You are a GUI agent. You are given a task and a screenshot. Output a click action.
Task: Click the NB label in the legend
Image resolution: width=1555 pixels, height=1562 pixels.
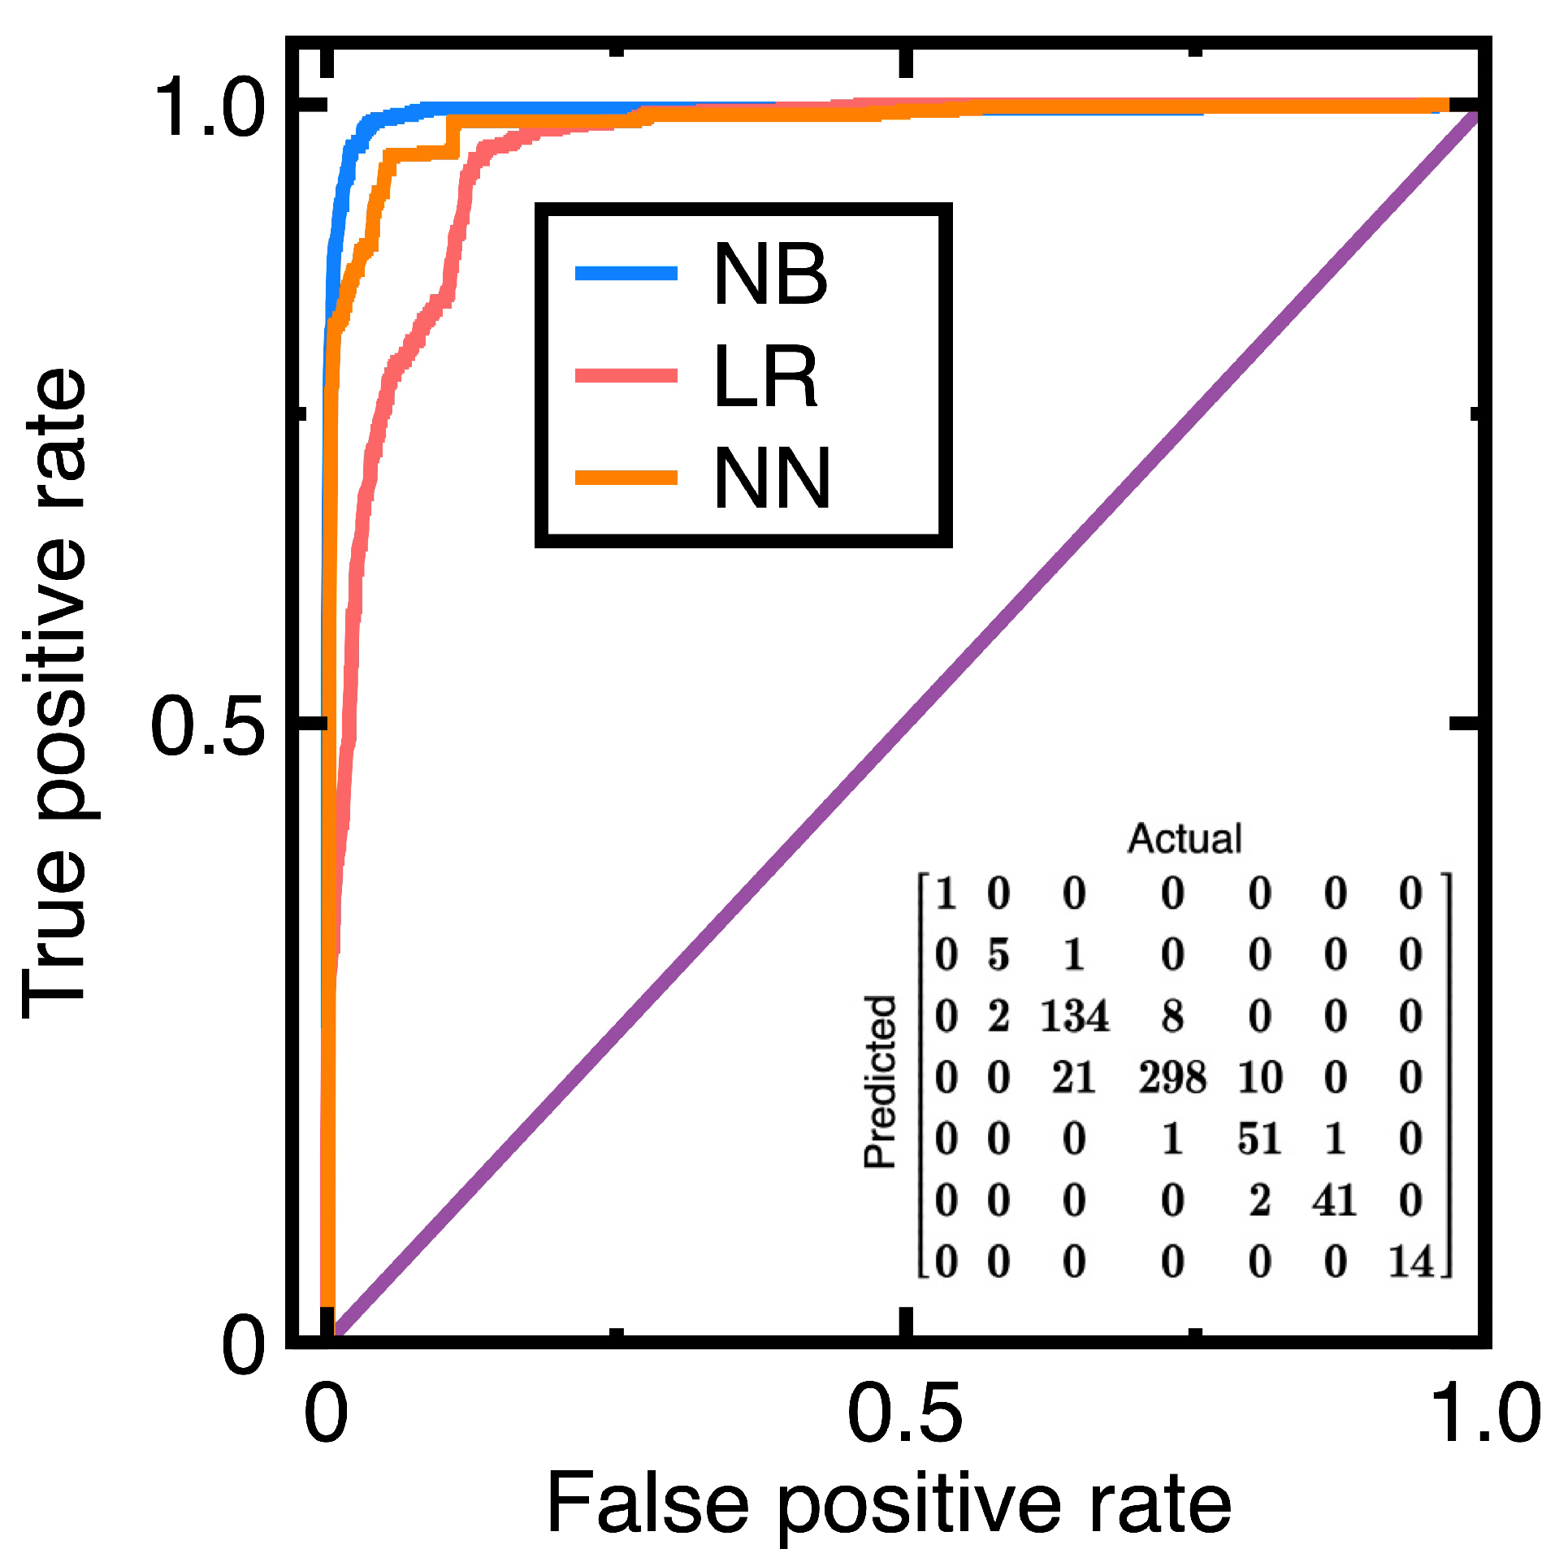click(769, 275)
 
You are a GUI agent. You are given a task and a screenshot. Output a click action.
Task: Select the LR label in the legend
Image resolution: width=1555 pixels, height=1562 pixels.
click(765, 376)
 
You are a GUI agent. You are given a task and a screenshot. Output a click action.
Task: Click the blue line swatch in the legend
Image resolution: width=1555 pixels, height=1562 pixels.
click(626, 273)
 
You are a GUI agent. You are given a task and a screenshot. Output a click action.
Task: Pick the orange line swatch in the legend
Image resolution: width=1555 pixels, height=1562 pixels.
click(626, 477)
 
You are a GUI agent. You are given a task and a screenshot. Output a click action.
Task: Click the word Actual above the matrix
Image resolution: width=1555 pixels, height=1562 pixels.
click(1185, 839)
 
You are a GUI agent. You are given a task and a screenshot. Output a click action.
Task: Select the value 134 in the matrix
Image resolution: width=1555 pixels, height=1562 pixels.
click(1074, 1017)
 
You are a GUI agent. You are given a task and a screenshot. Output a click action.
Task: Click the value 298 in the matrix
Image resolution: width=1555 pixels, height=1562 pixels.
click(1172, 1078)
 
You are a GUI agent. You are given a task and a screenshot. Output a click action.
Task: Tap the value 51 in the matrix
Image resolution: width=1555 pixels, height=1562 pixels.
click(1259, 1139)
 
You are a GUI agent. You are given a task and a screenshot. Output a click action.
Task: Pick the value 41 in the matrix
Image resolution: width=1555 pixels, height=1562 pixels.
click(1334, 1200)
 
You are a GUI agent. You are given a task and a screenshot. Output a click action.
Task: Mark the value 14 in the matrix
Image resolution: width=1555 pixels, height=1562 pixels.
click(1410, 1261)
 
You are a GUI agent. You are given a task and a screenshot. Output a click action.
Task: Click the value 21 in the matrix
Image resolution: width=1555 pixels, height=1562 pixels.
click(1074, 1078)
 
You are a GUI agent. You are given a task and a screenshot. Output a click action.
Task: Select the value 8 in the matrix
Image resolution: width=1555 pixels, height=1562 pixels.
click(1172, 1017)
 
